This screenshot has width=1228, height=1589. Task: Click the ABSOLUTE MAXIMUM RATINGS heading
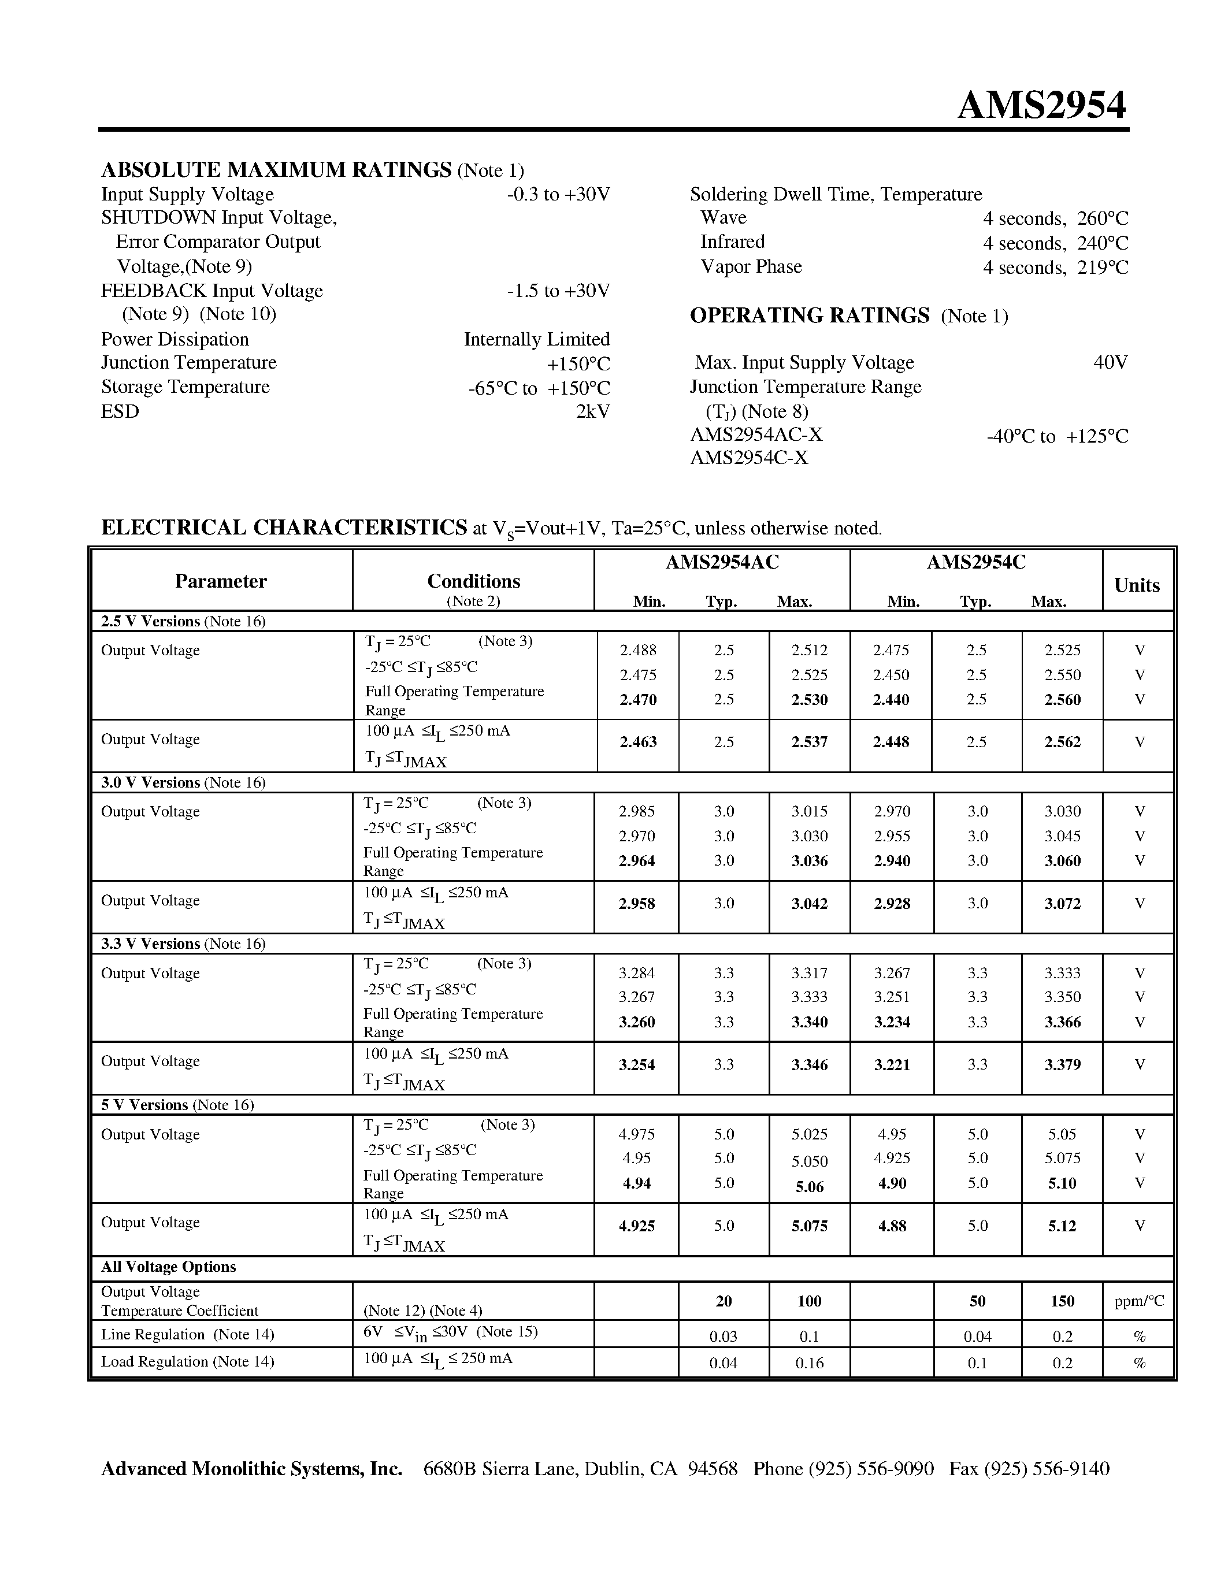276,169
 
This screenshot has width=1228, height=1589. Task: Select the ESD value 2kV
592,412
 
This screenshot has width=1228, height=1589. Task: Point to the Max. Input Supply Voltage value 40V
1110,362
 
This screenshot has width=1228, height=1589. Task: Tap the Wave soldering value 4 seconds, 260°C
1055,218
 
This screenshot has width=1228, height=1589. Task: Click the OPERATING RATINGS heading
809,315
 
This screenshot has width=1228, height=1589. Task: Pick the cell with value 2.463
637,742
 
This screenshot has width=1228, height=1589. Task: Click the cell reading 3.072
1062,904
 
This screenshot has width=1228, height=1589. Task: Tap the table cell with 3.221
892,1064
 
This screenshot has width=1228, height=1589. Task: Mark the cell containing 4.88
892,1226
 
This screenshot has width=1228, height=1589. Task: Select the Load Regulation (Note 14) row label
187,1361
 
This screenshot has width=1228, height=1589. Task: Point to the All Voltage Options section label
168,1267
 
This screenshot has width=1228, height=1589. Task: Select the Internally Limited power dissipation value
536,340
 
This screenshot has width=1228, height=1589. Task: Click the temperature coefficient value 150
1062,1301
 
